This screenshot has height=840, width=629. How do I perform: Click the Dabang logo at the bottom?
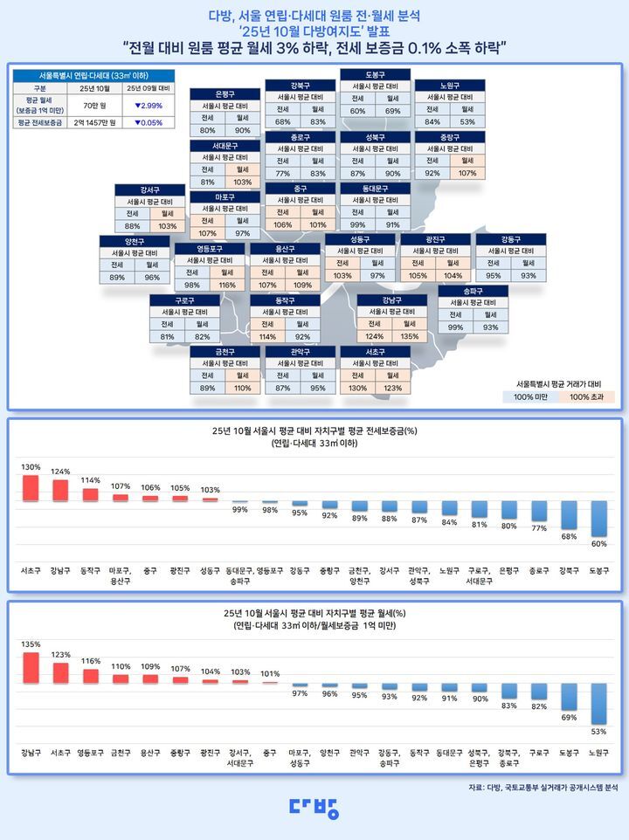tap(314, 809)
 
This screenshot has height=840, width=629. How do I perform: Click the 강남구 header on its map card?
tap(391, 300)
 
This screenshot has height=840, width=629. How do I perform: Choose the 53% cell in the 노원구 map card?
tap(467, 121)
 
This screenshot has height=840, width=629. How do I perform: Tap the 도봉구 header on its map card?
tap(375, 75)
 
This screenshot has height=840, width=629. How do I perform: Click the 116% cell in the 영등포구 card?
tap(227, 286)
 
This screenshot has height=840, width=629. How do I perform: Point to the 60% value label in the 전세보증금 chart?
tap(598, 544)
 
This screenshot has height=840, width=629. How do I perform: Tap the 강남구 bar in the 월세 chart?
tap(31, 668)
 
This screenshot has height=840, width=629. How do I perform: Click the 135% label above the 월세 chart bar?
tap(31, 644)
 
